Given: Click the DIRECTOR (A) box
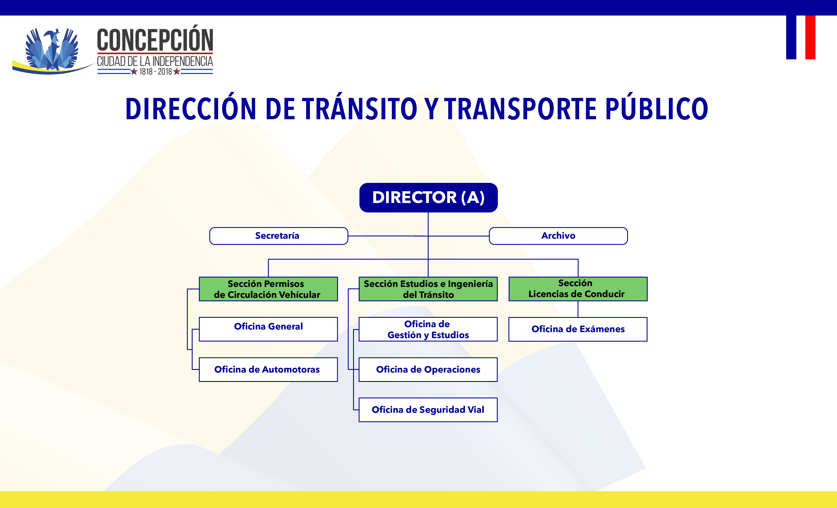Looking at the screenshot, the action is [x=428, y=198].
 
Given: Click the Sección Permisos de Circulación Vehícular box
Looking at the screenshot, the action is [x=268, y=289].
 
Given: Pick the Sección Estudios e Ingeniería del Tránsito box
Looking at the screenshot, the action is [x=428, y=289].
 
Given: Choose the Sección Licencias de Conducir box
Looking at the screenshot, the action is [x=578, y=289].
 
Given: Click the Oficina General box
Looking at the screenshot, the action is [x=268, y=329].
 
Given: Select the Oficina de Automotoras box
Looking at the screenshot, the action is [x=268, y=370].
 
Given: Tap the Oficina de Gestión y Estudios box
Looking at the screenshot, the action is [x=428, y=329].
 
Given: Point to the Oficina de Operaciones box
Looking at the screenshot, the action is [x=428, y=370].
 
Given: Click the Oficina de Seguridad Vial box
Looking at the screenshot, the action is [x=428, y=410].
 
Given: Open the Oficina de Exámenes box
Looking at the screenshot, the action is [x=578, y=329].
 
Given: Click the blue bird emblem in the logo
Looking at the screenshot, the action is [x=52, y=49].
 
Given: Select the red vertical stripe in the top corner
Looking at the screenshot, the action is [x=810, y=37].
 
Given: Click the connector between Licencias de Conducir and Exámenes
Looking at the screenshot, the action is [x=578, y=309].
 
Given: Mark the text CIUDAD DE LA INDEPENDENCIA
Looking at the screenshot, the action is [x=155, y=62].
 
